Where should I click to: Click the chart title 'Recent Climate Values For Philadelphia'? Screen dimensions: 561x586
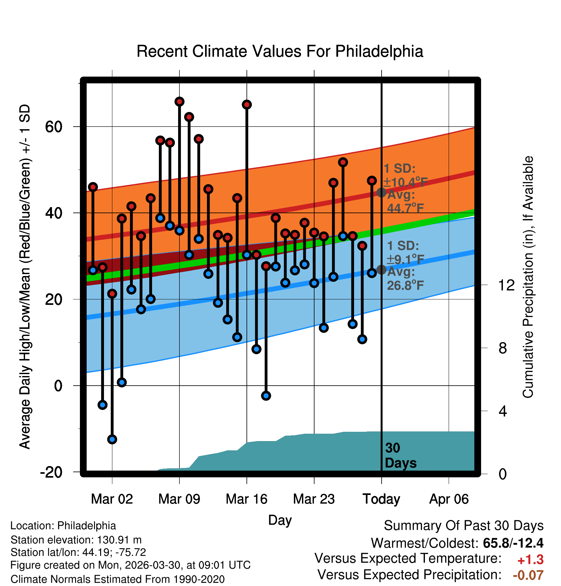[280, 51]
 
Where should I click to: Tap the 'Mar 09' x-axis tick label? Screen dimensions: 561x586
[179, 499]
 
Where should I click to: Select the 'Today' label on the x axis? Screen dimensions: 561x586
[381, 499]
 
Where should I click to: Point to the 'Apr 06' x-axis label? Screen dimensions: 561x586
[449, 499]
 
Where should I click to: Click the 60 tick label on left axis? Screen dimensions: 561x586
[54, 127]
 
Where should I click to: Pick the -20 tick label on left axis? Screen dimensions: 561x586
[51, 472]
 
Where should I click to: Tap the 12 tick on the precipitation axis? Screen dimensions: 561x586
[506, 285]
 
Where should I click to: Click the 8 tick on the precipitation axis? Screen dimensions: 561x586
[503, 348]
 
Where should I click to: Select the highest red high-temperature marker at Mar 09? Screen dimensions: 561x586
[179, 102]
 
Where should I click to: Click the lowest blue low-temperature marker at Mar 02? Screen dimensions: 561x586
[112, 439]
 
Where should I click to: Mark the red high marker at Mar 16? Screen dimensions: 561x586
[247, 105]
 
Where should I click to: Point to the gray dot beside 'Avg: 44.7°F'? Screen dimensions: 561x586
[382, 192]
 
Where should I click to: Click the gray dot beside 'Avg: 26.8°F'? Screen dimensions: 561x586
[382, 270]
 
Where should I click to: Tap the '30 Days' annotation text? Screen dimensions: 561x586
[401, 456]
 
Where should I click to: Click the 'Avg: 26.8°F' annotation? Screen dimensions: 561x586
[406, 279]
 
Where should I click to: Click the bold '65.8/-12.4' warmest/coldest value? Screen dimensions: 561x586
[513, 543]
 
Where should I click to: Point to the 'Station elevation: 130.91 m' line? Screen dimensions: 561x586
[76, 540]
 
